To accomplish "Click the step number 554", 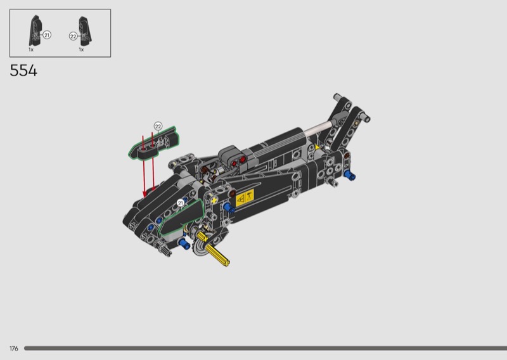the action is (x=23, y=70).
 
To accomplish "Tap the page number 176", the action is (x=14, y=349).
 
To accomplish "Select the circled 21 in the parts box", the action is (x=47, y=35).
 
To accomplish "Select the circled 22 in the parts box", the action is (x=73, y=36).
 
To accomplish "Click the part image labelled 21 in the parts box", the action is (x=35, y=30).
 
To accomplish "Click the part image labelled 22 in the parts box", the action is (x=86, y=31).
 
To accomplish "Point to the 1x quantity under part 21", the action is (x=31, y=50).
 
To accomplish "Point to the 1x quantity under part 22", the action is (x=81, y=50).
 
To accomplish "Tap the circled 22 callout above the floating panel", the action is (x=158, y=126).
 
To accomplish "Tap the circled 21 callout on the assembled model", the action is (x=181, y=203).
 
